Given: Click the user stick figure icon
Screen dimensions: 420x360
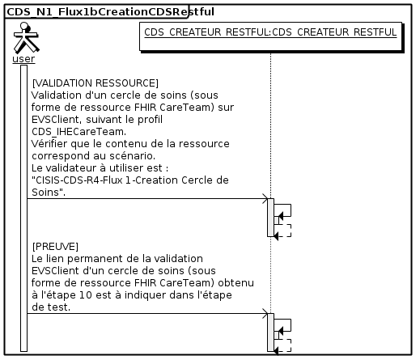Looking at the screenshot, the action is (26, 37).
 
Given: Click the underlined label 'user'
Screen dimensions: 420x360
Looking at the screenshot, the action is (23, 59).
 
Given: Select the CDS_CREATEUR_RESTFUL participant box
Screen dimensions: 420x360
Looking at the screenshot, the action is (270, 36).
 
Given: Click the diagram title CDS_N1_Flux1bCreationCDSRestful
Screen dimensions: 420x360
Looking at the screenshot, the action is (110, 12).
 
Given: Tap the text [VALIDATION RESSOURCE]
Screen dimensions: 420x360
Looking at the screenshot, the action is (95, 83).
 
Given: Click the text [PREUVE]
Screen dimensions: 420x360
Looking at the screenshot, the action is (55, 247).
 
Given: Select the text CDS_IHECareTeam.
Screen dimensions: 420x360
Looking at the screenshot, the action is (78, 132).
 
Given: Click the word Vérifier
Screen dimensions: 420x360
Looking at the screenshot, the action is (49, 144).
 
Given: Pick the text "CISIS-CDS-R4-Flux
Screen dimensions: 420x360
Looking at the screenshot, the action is (78, 180).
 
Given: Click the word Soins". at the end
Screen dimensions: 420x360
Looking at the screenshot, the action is (49, 193).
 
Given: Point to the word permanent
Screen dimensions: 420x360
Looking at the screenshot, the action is (95, 259).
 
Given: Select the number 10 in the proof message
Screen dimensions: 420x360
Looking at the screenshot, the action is (86, 295).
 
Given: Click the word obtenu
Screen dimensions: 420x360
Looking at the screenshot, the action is (236, 283).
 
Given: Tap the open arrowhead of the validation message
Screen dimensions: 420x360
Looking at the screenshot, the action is (265, 199).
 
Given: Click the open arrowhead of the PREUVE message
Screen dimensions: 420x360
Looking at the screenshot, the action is (265, 314).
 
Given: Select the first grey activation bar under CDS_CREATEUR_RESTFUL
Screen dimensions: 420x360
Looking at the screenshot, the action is (270, 218).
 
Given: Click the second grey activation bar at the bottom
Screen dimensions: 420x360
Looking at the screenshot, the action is (270, 332).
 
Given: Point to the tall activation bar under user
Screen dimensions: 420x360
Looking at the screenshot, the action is (24, 209).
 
